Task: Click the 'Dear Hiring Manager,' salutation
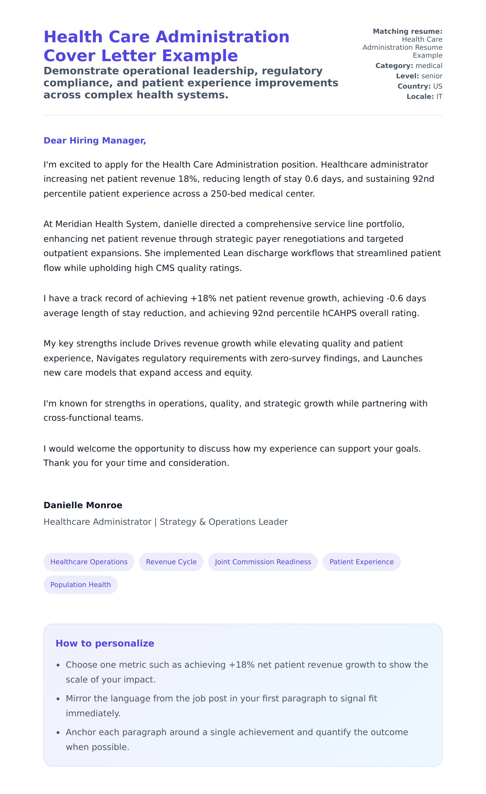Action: pos(95,141)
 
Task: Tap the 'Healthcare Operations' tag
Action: pos(89,562)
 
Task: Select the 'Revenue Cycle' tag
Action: pos(171,562)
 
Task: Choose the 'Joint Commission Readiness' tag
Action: pos(263,562)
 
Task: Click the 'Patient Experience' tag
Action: pos(362,562)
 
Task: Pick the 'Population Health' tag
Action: pos(81,584)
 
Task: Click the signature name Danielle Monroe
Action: pos(83,505)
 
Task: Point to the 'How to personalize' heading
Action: pos(105,643)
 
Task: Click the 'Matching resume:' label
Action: pos(407,31)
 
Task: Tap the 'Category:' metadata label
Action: pos(394,66)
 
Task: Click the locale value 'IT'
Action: pos(439,97)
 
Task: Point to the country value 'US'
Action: pos(438,86)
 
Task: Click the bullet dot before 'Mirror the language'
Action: pos(58,699)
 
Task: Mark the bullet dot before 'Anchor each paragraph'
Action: pos(58,733)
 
